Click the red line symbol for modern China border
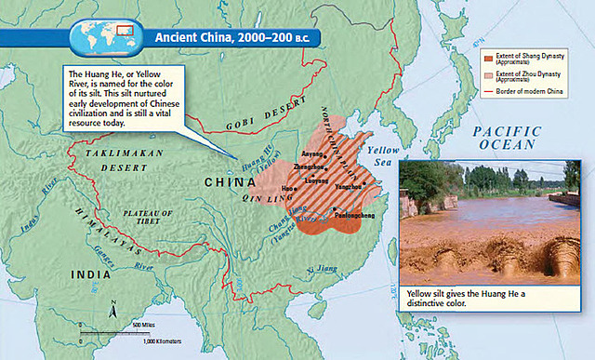pos(488,90)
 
